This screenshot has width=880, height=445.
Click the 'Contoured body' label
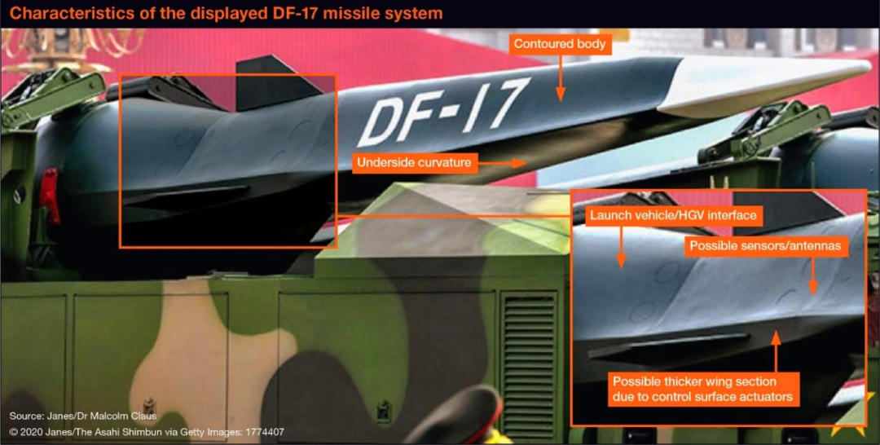point(560,44)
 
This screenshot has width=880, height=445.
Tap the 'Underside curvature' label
point(414,163)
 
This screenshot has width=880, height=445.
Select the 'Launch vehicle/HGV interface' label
point(673,216)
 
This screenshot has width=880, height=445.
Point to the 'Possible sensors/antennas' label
point(764,245)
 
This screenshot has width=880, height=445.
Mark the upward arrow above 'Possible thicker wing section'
point(776,350)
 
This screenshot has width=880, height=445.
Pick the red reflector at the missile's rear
point(50,196)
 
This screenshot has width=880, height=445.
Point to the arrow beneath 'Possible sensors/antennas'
point(812,277)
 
